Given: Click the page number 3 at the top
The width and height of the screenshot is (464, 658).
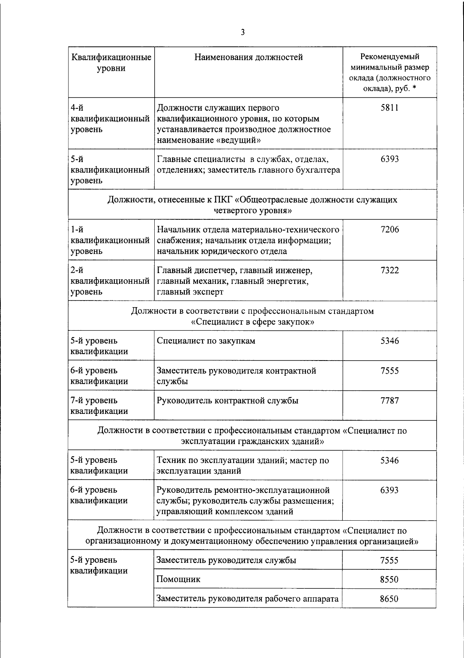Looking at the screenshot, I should coord(242,32).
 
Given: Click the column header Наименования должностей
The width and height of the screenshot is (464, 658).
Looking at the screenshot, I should coord(248,57).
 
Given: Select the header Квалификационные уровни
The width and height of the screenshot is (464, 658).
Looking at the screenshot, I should coord(111,63).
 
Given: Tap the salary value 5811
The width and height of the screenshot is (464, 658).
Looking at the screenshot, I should coord(389,108).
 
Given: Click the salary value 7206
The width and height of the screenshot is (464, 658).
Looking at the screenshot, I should coord(389,229).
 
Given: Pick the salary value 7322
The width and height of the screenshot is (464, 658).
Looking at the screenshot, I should coord(389,270).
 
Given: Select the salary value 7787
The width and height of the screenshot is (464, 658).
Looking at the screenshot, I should coord(389,400).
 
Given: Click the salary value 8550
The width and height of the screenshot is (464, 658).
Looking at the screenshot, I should coord(389,579).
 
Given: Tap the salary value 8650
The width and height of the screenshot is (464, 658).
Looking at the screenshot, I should coord(389,599).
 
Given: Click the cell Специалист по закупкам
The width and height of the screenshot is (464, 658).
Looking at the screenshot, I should coord(206,341).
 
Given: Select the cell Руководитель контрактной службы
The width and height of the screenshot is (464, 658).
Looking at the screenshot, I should coord(227,400).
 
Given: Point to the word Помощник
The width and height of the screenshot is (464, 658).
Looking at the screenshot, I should coord(178,579).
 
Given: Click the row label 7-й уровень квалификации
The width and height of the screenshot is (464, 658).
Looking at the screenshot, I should coord(99,405).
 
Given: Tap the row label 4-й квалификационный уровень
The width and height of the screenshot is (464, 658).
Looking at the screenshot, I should coord(110,118).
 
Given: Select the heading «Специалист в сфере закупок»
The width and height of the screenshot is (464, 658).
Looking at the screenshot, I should coord(252,322).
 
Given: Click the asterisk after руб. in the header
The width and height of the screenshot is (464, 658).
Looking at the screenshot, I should coord(414,89).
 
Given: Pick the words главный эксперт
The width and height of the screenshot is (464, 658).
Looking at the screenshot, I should coord(190,292).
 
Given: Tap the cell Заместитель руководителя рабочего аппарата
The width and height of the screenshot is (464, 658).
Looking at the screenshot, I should coord(247,599).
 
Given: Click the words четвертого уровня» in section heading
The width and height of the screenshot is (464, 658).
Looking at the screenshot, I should coord(252,210).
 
